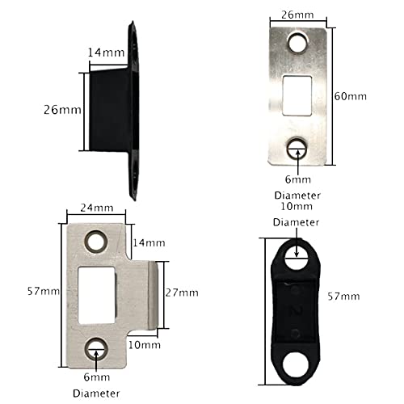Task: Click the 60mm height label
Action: click(x=351, y=96)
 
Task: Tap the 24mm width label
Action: click(x=97, y=208)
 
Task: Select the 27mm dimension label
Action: click(x=182, y=292)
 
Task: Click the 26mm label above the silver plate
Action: click(x=297, y=15)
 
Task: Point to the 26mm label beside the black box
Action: click(x=62, y=110)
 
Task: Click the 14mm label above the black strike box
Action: click(x=107, y=53)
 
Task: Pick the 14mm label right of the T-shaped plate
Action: click(x=149, y=243)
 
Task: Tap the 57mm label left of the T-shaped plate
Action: click(x=44, y=291)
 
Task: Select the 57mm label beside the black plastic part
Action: click(x=343, y=297)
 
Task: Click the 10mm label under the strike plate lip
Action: click(x=145, y=345)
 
